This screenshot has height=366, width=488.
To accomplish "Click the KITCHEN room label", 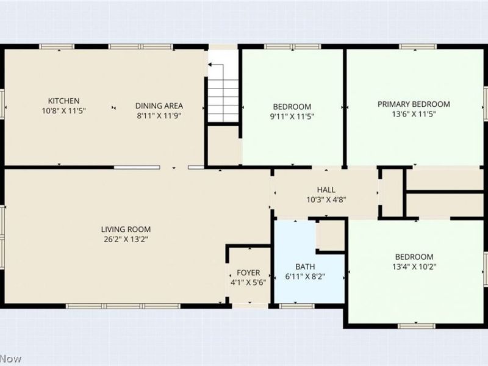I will tap(63, 101).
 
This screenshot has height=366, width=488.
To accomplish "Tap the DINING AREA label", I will tap(159, 106).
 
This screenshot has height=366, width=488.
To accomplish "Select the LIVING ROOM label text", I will tap(126, 229).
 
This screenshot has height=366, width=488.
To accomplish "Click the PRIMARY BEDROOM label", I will tap(414, 104).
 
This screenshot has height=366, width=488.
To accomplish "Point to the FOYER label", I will tap(248, 272).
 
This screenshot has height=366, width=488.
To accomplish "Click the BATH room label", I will tap(306, 267).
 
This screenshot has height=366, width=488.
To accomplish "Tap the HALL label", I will tap(326, 190).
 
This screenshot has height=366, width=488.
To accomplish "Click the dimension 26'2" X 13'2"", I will tap(126, 239).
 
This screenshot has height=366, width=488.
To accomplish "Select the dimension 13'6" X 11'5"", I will tap(414, 113).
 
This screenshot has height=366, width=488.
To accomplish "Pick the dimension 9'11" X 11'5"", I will tap(292, 116).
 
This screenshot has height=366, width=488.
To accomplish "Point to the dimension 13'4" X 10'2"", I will tap(414, 266).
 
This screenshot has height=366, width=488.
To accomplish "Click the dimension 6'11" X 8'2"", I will tap(306, 276).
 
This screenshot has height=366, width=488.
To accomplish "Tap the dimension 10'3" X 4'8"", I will tap(326, 199).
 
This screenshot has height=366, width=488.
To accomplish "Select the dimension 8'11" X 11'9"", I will tap(159, 115).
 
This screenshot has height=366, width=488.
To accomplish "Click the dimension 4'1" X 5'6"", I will tap(248, 282).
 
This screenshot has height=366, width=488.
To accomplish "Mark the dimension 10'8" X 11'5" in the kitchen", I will tap(63, 110).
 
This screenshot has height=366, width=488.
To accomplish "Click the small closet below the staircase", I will tap(223, 145).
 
